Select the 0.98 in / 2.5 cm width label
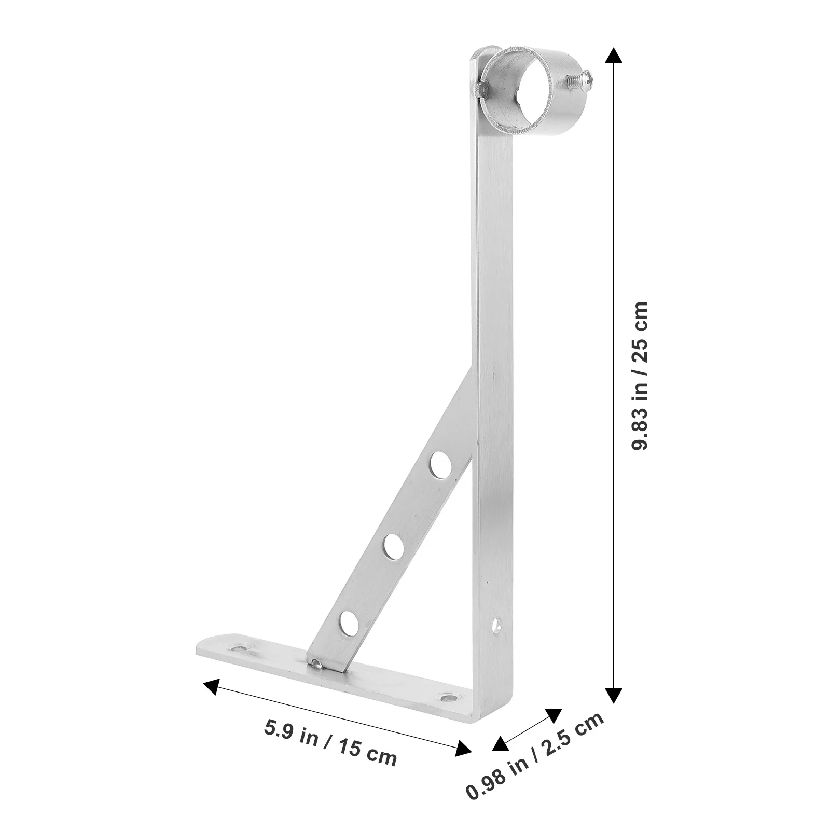[535, 763]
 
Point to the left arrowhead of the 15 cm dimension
[211, 686]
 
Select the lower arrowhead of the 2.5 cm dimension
[499, 744]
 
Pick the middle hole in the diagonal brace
[394, 547]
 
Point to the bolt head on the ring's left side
[481, 89]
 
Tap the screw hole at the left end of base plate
[240, 648]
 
